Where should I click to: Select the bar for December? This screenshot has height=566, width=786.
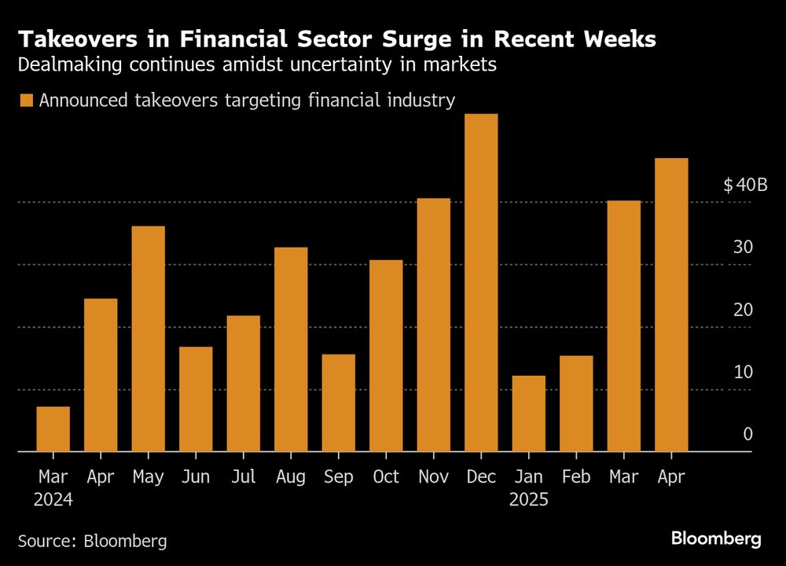click(481, 283)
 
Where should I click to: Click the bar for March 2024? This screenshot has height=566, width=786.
click(53, 429)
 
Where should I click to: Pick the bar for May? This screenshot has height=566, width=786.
click(149, 339)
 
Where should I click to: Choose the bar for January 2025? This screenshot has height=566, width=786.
click(528, 413)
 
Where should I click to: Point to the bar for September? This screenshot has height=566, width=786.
click(339, 403)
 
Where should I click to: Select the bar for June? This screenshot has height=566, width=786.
click(196, 399)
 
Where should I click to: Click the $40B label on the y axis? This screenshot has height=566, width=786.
click(744, 186)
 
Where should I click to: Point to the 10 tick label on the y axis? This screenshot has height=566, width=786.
click(743, 372)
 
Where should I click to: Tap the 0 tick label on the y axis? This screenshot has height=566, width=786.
click(748, 434)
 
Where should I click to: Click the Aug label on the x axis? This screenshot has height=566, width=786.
click(291, 477)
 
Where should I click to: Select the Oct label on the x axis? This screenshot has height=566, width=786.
click(386, 477)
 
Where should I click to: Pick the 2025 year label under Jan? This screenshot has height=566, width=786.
click(528, 500)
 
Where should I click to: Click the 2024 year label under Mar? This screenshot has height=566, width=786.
click(53, 500)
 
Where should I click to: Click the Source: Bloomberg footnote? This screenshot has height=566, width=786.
click(92, 541)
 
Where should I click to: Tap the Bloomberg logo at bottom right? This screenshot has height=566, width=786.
click(716, 539)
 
